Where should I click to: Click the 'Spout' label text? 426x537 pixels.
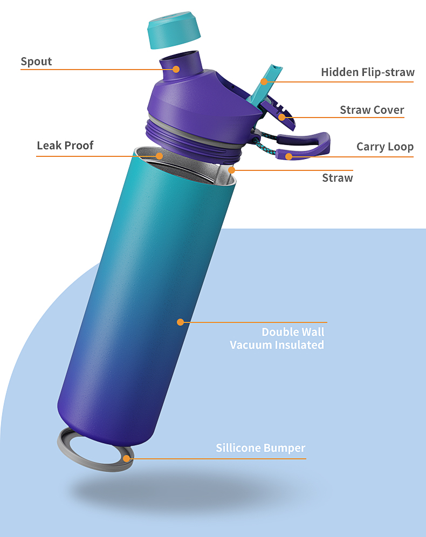(36, 61)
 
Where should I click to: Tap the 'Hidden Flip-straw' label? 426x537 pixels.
(367, 72)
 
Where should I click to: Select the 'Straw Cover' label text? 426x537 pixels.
(372, 110)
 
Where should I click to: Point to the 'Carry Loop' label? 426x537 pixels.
(384, 147)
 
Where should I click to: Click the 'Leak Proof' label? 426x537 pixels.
(65, 146)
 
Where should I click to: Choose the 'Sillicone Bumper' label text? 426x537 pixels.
(260, 448)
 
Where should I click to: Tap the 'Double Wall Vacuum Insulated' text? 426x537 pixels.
(277, 339)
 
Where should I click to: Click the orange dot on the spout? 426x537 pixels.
(176, 69)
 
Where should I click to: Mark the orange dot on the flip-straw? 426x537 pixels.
(264, 81)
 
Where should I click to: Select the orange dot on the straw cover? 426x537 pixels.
(281, 117)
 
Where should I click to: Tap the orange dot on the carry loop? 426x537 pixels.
(288, 157)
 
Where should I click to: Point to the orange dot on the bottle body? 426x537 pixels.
(180, 322)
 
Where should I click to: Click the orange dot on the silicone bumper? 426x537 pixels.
(127, 459)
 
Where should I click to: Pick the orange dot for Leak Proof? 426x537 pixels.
(160, 156)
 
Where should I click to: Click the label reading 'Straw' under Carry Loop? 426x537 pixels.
(337, 178)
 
